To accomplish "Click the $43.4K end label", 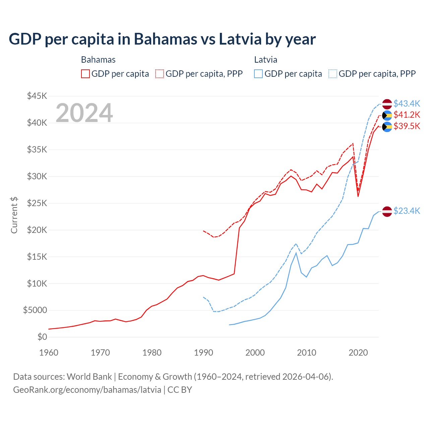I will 407,104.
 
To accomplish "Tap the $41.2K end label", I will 407,115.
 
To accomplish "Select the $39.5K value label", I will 407,126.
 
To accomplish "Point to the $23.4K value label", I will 407,211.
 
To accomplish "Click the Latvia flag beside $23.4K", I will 387,211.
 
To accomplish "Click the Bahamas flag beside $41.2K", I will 387,116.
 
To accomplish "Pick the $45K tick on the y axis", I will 37,96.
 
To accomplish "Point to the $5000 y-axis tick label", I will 35,310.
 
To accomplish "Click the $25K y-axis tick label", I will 37,203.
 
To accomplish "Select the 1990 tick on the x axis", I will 203,353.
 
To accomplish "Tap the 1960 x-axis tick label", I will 49,353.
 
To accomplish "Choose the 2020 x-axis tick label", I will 358,353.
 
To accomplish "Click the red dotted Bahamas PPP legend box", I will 160,74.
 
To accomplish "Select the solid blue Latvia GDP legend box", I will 258,74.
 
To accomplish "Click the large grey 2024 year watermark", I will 84,113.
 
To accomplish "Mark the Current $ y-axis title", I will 14,215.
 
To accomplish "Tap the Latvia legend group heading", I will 265,60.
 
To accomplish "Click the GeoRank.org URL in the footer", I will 87,390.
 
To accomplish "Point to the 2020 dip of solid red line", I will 358,196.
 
